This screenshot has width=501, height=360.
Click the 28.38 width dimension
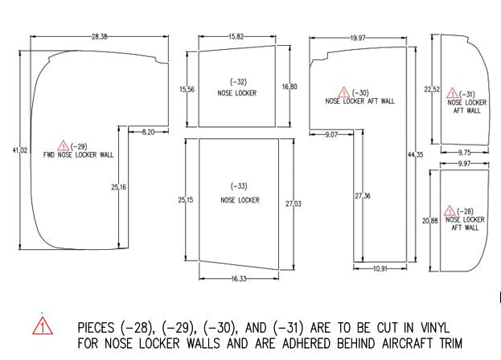[100, 36]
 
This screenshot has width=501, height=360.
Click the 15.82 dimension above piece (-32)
[236, 36]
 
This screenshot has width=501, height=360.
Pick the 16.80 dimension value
[290, 87]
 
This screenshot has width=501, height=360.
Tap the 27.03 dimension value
[293, 204]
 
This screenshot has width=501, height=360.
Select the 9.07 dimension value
[332, 134]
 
